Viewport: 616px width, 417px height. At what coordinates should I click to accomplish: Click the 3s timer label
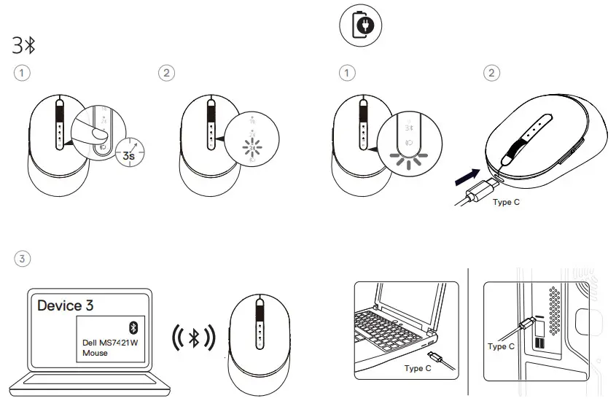point(129,155)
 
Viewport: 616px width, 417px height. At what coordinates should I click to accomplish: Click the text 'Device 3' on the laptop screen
point(65,305)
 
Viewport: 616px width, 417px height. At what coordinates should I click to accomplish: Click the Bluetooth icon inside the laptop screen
point(133,326)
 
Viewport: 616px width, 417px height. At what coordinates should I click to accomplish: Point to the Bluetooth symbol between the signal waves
point(193,338)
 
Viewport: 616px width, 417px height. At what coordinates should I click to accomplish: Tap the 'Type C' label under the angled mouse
point(507,202)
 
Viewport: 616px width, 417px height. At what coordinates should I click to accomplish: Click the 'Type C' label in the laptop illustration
point(418,369)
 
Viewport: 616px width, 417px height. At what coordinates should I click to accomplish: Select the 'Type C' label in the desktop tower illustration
point(501,346)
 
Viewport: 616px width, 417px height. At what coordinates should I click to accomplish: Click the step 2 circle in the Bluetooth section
point(168,72)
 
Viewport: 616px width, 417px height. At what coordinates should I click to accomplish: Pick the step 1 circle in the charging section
point(348,72)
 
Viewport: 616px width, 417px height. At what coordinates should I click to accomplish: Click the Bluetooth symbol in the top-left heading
point(31,45)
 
